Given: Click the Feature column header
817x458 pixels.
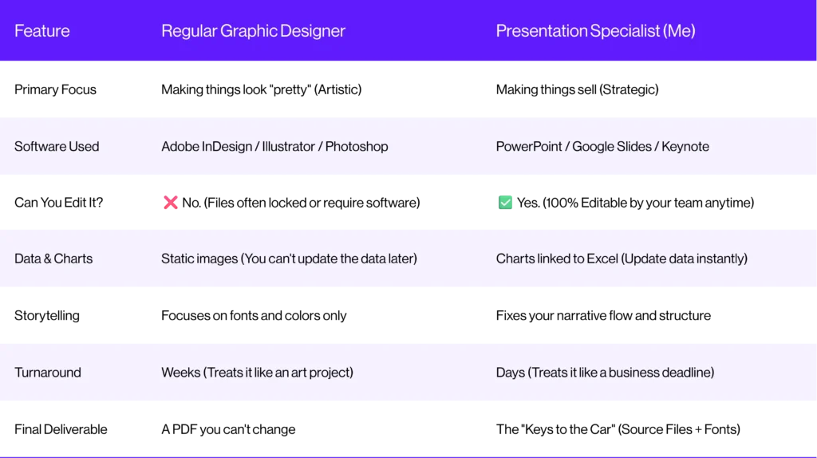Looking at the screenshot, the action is pos(41,31).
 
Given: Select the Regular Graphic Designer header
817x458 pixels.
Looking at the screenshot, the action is pos(253,31).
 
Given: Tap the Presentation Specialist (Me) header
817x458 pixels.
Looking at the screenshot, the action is pos(595,31).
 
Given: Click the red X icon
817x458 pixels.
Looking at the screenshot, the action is pos(171,202).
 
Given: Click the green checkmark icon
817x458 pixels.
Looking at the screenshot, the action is pos(505,202).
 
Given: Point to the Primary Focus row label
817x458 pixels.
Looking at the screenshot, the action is pos(55,89).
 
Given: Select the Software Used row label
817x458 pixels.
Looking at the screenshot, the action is pos(57,146).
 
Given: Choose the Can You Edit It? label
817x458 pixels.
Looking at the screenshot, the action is pos(59,203).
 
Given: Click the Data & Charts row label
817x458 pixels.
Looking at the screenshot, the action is pos(53,259).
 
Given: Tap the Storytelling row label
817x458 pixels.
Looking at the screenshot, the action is pos(47,316).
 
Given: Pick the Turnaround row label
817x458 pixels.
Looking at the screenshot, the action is pos(48,373).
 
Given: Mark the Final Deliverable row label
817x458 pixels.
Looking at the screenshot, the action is pos(61,429).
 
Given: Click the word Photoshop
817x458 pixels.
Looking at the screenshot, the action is pos(357,146).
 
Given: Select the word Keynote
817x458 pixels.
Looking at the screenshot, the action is pos(685,146).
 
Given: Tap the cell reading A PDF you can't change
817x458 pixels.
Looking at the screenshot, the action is pos(228,429).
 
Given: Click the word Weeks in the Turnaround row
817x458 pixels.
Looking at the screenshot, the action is pos(181,373).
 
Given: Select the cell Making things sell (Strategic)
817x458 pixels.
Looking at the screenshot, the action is pos(578,89).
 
